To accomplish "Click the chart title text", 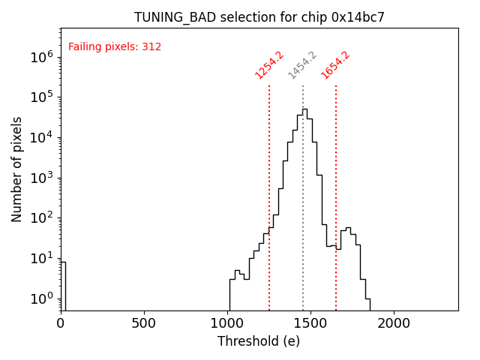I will (259, 17).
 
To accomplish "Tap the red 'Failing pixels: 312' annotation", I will (115, 47).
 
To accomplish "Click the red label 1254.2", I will (269, 65).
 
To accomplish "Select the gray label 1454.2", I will (302, 65).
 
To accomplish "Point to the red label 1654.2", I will (336, 65).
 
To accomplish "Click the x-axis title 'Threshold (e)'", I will (259, 341).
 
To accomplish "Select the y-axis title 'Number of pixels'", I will (17, 169).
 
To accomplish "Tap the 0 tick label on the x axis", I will (61, 324).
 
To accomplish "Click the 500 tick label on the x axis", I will (144, 324).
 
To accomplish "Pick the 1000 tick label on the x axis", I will (227, 324).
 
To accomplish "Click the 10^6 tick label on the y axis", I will (40, 56).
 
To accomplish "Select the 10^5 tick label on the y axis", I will (40, 97).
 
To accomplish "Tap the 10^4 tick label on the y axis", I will (40, 137).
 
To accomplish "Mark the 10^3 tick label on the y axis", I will (40, 178).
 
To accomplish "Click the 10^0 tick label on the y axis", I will (40, 298).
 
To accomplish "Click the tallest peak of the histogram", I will (304, 110).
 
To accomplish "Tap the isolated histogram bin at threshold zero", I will (63, 285).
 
